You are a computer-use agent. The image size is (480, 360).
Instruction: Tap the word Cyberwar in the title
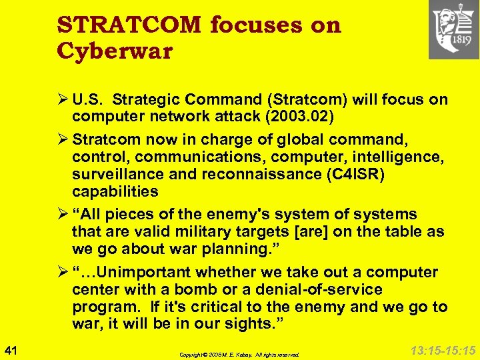click(115, 51)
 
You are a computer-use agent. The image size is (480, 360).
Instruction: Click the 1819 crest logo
click(453, 29)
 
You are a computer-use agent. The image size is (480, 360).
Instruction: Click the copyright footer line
click(239, 355)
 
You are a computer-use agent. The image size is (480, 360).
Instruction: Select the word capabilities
click(115, 191)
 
